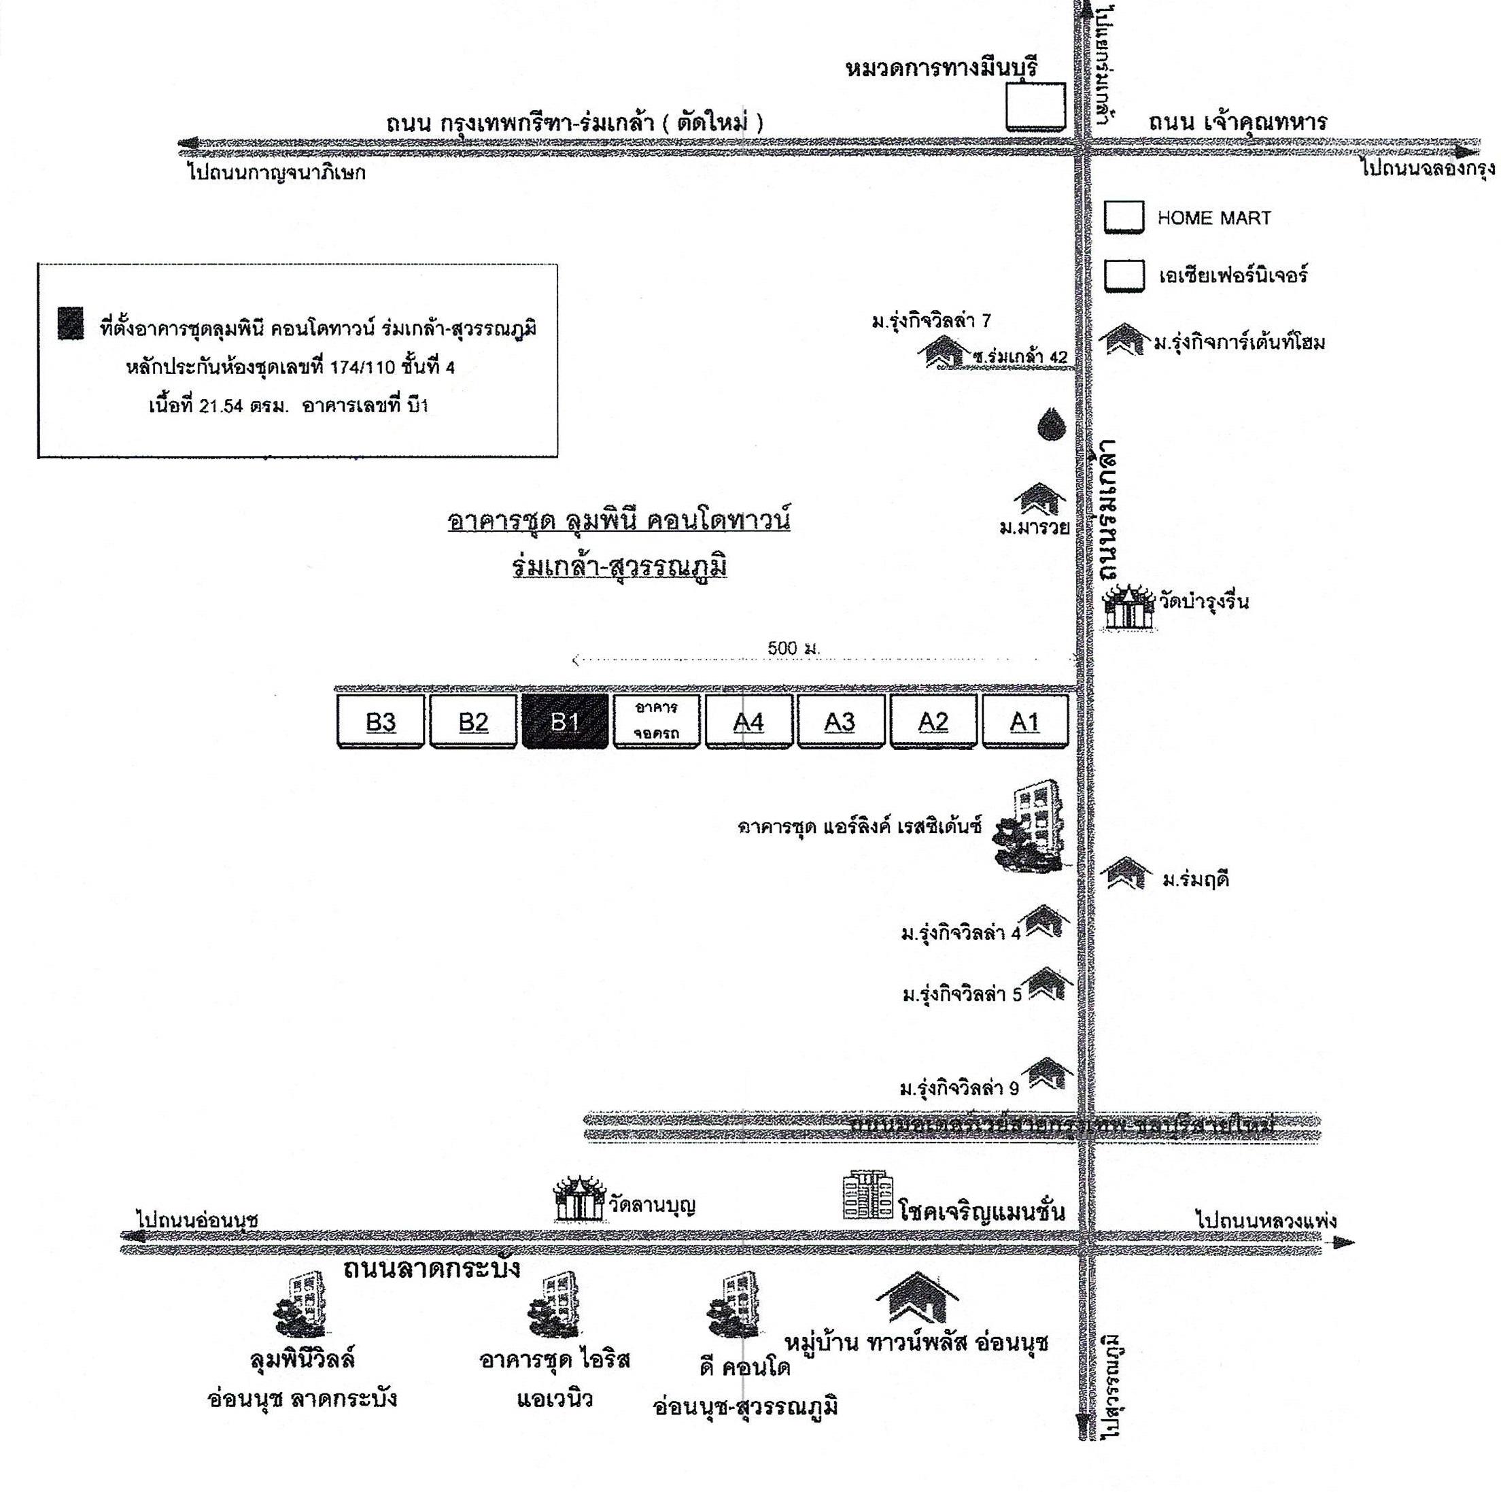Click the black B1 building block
tap(565, 721)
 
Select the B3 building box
tap(381, 721)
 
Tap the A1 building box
tap(1024, 721)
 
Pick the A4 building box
tap(748, 721)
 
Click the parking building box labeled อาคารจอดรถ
tap(657, 721)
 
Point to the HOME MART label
tap(1213, 218)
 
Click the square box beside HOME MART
tap(1124, 217)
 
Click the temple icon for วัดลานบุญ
tap(579, 1200)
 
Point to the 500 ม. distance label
tap(793, 648)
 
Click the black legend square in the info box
tap(70, 323)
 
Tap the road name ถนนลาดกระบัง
tap(431, 1268)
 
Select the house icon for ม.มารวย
tap(1039, 500)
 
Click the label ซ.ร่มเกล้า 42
tap(1019, 357)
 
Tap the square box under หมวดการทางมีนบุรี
tap(1035, 107)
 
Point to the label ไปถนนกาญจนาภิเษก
tap(277, 172)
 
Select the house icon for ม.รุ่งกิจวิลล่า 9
tap(1050, 1074)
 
